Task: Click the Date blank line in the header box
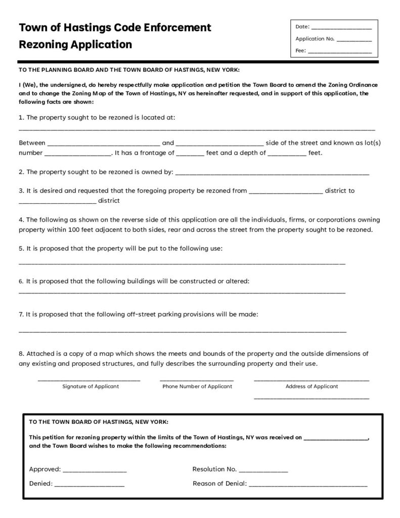pyautogui.click(x=341, y=28)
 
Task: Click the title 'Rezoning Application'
pyautogui.click(x=75, y=45)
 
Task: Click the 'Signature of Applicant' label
pyautogui.click(x=91, y=386)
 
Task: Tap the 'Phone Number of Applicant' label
pyautogui.click(x=197, y=386)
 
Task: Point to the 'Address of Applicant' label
pyautogui.click(x=312, y=386)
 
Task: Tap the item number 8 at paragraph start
pyautogui.click(x=21, y=354)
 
